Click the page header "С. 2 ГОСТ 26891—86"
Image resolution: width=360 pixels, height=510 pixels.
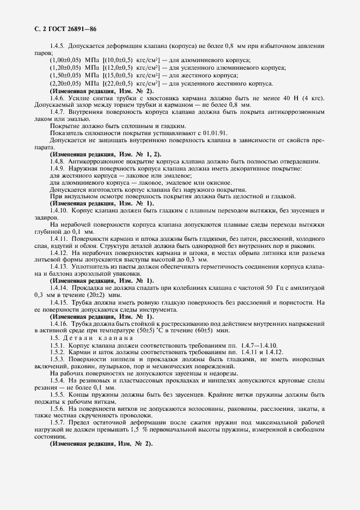tap(62, 29)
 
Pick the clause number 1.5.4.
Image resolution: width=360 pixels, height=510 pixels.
tap(58, 380)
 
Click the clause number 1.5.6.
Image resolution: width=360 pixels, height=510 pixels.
tap(58, 409)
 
